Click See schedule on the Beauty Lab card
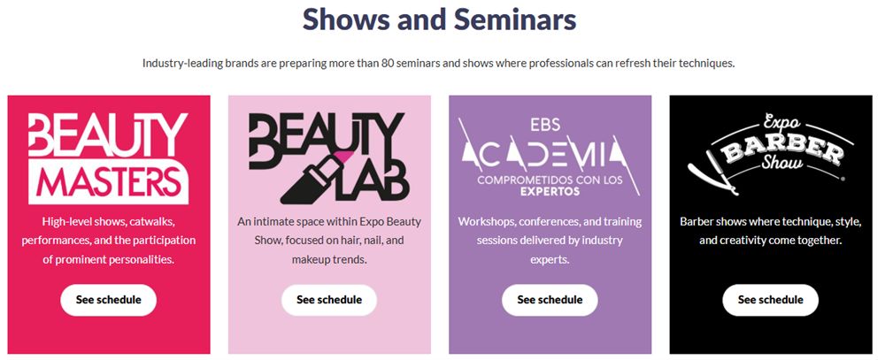(x=329, y=300)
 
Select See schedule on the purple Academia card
(x=550, y=300)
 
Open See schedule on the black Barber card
(x=771, y=300)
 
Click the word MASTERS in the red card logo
(x=107, y=181)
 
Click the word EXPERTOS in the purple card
(x=550, y=192)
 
